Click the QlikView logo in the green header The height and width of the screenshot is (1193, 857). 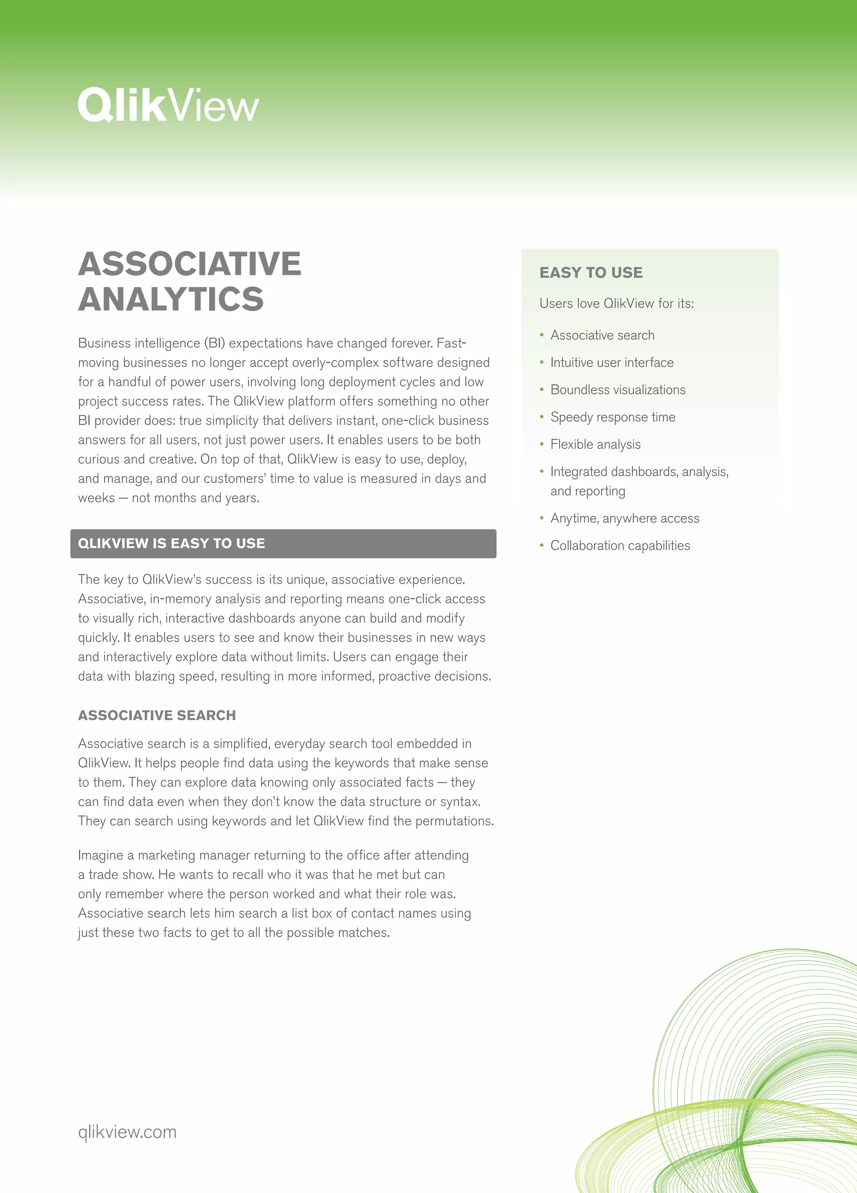coord(168,105)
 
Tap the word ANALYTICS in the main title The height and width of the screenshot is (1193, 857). coord(171,299)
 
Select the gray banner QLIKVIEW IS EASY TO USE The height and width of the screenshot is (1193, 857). coord(283,544)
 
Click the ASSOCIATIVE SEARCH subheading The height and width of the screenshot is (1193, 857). coord(157,715)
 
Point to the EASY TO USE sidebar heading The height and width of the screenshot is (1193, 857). coord(591,273)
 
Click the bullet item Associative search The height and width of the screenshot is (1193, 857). coord(602,335)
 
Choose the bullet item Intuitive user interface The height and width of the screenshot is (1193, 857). coord(611,363)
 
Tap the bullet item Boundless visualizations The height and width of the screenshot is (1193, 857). coord(618,390)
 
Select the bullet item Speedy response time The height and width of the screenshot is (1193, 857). coord(613,417)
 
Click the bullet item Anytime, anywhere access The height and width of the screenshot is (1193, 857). coord(625,518)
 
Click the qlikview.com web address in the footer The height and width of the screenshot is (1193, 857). coord(127,1132)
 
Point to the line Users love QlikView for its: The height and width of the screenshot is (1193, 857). coord(616,304)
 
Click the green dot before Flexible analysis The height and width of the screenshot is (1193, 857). coord(541,444)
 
